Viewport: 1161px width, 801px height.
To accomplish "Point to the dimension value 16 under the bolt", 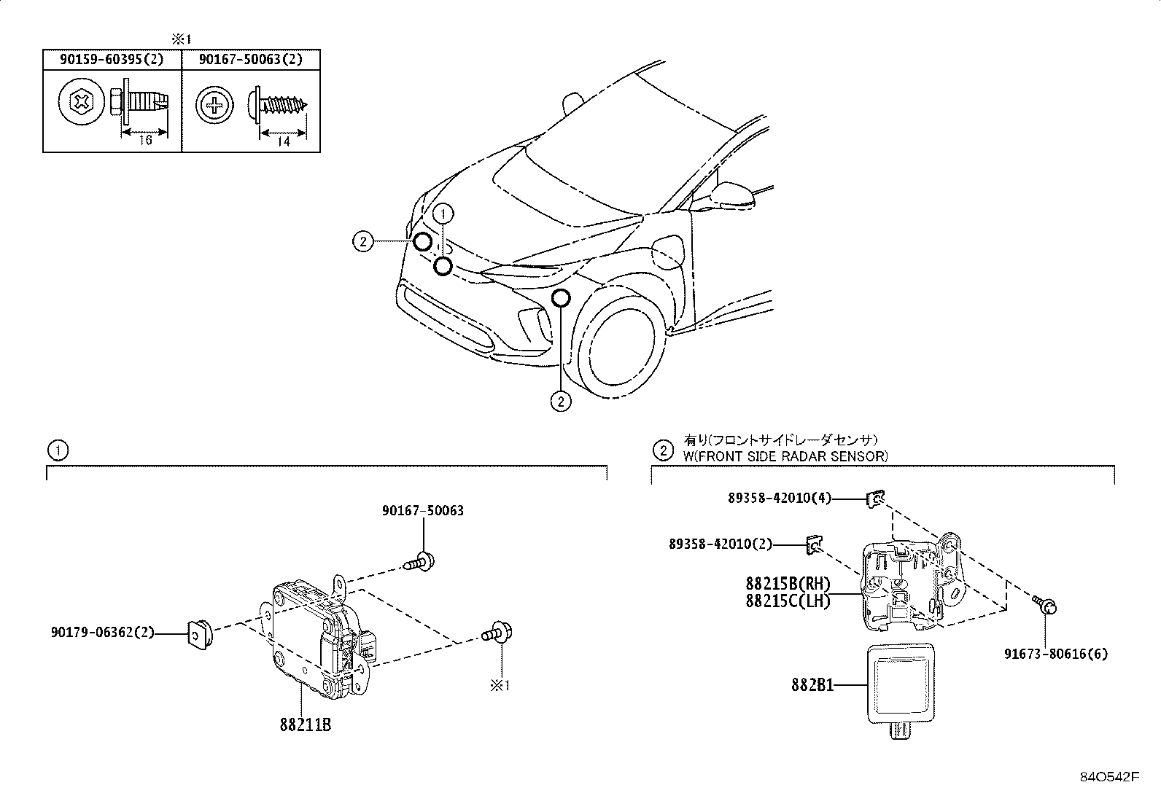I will (x=144, y=140).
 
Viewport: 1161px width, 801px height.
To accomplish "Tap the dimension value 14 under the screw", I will (x=283, y=142).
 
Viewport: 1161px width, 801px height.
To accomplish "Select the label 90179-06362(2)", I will (x=103, y=633).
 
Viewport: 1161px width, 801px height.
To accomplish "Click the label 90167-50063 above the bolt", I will (x=422, y=511).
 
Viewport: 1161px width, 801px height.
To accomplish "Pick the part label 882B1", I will (x=812, y=685).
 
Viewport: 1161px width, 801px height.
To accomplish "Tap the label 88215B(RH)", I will (x=788, y=584).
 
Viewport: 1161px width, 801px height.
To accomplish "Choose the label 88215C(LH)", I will (x=788, y=601).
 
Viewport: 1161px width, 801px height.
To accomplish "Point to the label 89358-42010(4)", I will (x=780, y=499).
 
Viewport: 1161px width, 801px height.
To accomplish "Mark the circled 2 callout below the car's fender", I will (x=560, y=401).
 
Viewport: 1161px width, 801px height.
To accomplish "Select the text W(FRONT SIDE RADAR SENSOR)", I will (x=785, y=456).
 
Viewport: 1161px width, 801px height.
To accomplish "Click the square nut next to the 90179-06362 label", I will (x=198, y=633).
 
